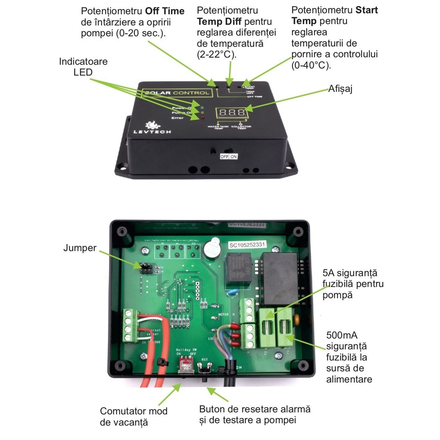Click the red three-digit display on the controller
point(232,113)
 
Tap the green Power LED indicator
point(202,107)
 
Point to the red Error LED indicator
point(202,117)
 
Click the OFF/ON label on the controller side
point(229,157)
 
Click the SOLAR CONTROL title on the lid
point(176,93)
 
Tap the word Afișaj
point(340,89)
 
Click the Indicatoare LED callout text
point(83,67)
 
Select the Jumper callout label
point(80,248)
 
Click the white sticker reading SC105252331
point(247,245)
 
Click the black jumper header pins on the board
point(145,268)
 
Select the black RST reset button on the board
point(205,371)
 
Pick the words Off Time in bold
point(165,11)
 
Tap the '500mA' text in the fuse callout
point(342,335)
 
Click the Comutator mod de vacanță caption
point(133,417)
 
